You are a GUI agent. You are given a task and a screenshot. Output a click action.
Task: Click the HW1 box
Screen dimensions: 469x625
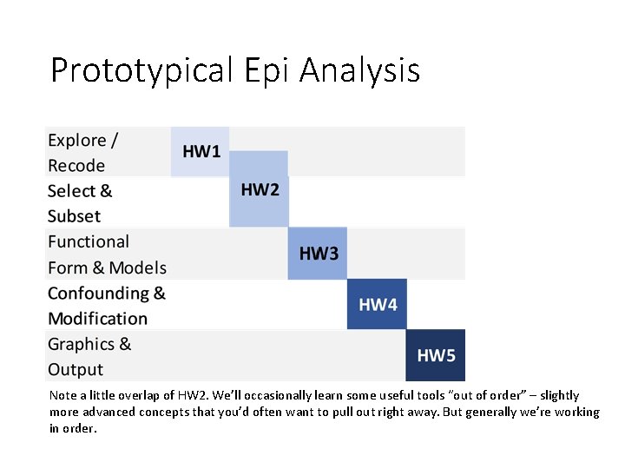(201, 152)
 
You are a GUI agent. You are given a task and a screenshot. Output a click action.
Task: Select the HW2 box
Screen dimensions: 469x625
(259, 189)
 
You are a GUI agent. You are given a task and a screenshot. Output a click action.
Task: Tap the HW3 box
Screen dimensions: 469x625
(318, 254)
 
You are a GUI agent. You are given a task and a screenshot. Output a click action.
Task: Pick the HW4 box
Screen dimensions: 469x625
(377, 304)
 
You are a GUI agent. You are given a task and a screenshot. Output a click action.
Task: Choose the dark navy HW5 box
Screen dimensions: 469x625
(436, 355)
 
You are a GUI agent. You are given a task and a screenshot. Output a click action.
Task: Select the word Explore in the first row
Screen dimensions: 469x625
(77, 141)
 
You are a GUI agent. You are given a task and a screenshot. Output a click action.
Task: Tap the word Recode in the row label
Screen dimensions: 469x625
(76, 166)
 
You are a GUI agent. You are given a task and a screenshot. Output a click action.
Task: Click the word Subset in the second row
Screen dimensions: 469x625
(74, 216)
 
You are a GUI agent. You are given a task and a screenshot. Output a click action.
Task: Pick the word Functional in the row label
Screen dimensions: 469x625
(89, 241)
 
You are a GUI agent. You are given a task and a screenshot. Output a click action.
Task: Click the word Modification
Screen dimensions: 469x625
(97, 319)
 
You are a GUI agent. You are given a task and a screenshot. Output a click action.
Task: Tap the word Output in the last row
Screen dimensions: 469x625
(76, 370)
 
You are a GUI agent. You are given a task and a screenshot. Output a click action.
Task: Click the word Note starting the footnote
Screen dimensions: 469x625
(63, 396)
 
